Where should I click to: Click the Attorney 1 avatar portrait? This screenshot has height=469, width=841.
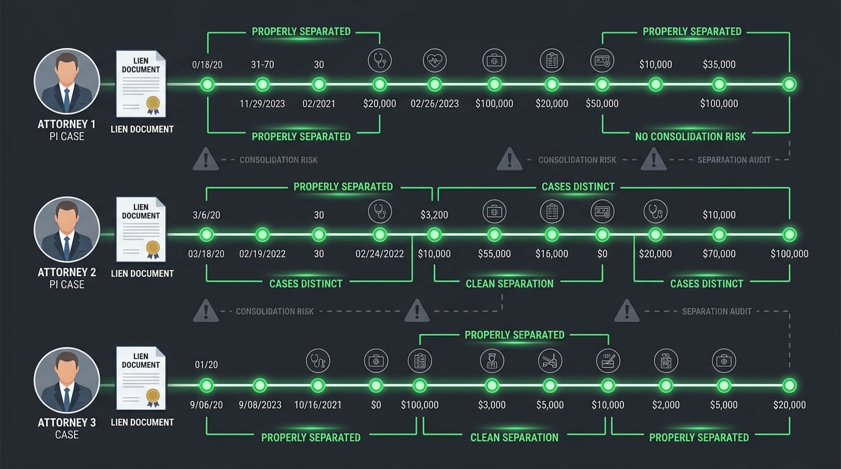(x=67, y=81)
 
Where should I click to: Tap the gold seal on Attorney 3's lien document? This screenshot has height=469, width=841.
(x=153, y=395)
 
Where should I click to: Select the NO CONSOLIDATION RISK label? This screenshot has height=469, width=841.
(x=690, y=136)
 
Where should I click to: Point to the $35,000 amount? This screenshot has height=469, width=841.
(x=719, y=64)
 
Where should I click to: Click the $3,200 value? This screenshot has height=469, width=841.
(x=434, y=215)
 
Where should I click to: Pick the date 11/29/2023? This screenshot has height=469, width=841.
(x=263, y=104)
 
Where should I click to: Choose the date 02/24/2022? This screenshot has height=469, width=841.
(x=380, y=254)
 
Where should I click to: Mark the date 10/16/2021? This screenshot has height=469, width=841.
(x=318, y=405)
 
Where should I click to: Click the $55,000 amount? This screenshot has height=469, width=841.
(x=494, y=254)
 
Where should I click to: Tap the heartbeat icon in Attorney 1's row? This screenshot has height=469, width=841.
(x=435, y=60)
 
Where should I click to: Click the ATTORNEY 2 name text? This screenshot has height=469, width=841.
(x=67, y=272)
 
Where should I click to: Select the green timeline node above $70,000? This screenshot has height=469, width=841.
(x=719, y=234)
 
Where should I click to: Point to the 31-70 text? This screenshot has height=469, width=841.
(x=263, y=64)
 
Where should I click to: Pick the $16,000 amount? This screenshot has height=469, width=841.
(x=551, y=254)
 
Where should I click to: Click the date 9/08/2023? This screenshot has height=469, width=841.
(x=260, y=405)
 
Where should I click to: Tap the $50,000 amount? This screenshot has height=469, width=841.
(x=602, y=104)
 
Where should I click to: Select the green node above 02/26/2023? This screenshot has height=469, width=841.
(x=435, y=84)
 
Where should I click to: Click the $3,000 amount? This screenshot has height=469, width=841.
(x=492, y=405)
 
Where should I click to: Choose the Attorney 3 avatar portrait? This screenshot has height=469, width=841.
(x=67, y=380)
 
